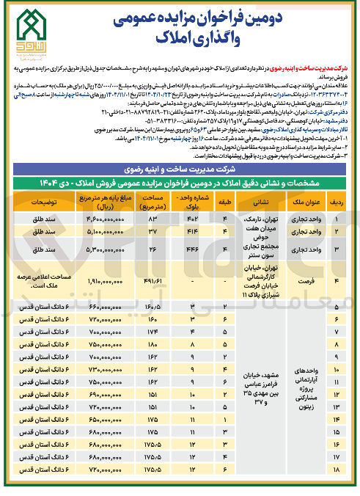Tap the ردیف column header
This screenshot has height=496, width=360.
(x=337, y=200)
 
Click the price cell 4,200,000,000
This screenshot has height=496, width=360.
(x=98, y=218)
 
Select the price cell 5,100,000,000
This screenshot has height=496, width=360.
(x=98, y=233)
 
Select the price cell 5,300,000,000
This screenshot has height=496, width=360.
(x=98, y=250)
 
